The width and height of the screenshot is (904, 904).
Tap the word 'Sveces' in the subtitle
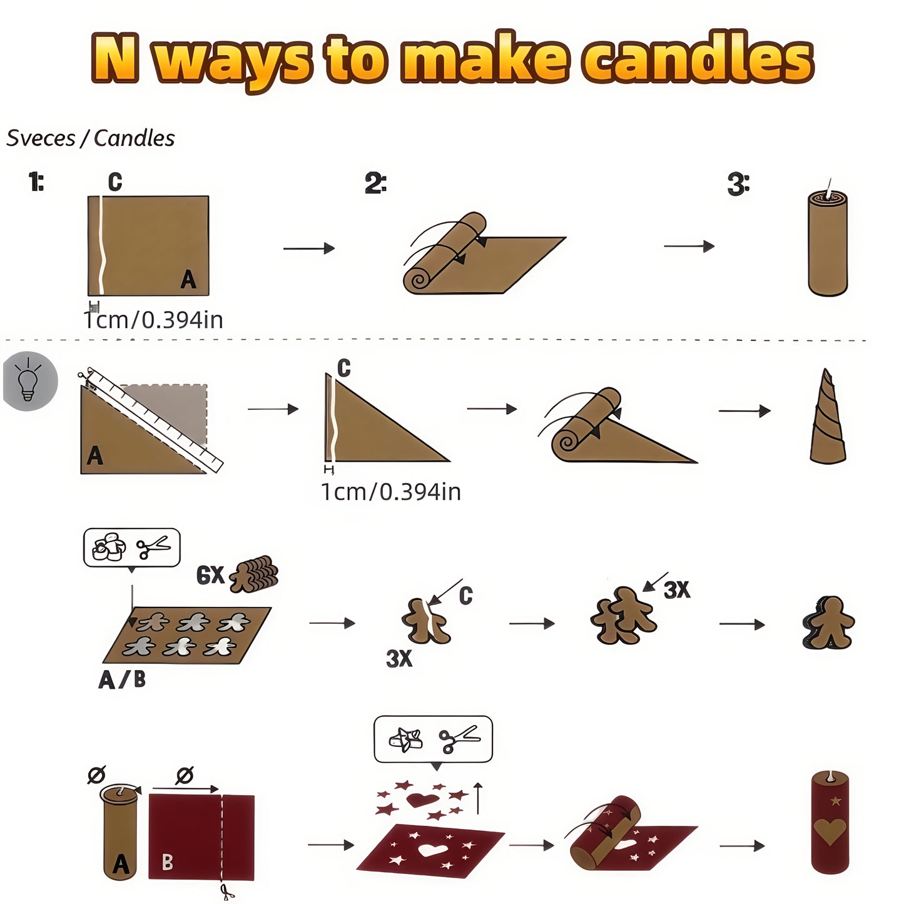point(41,138)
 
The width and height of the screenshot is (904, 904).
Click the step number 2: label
point(375,184)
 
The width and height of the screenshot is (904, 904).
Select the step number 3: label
point(738,185)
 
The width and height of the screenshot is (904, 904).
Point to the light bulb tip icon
point(29,380)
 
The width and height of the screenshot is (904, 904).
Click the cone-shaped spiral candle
point(827,419)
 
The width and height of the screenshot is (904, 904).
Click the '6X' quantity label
point(210,575)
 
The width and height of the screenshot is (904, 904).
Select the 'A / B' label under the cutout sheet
point(122,679)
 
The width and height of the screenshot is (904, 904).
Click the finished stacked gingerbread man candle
point(828,622)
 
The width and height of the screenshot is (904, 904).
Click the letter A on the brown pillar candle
point(120,865)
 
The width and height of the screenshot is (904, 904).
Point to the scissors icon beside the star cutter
point(459,739)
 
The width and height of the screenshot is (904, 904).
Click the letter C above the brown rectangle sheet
point(115,182)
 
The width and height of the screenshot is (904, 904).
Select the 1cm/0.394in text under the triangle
point(391,492)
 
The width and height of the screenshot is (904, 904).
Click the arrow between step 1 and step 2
point(308,249)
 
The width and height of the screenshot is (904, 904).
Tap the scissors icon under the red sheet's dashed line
point(226,891)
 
